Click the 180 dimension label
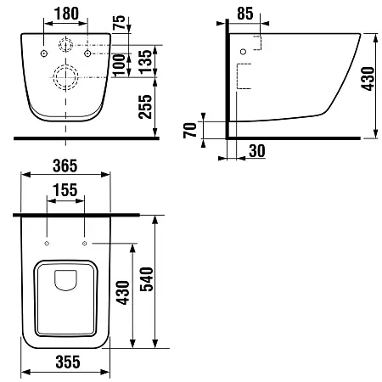tap(66, 14)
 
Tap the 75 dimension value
tap(119, 22)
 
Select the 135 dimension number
tap(146, 62)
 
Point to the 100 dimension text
tap(119, 65)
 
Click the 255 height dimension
tap(145, 107)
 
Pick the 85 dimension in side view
tap(245, 14)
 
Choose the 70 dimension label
tap(190, 130)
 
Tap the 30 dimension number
tap(257, 151)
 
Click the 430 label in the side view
tap(368, 79)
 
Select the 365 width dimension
tap(65, 166)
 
